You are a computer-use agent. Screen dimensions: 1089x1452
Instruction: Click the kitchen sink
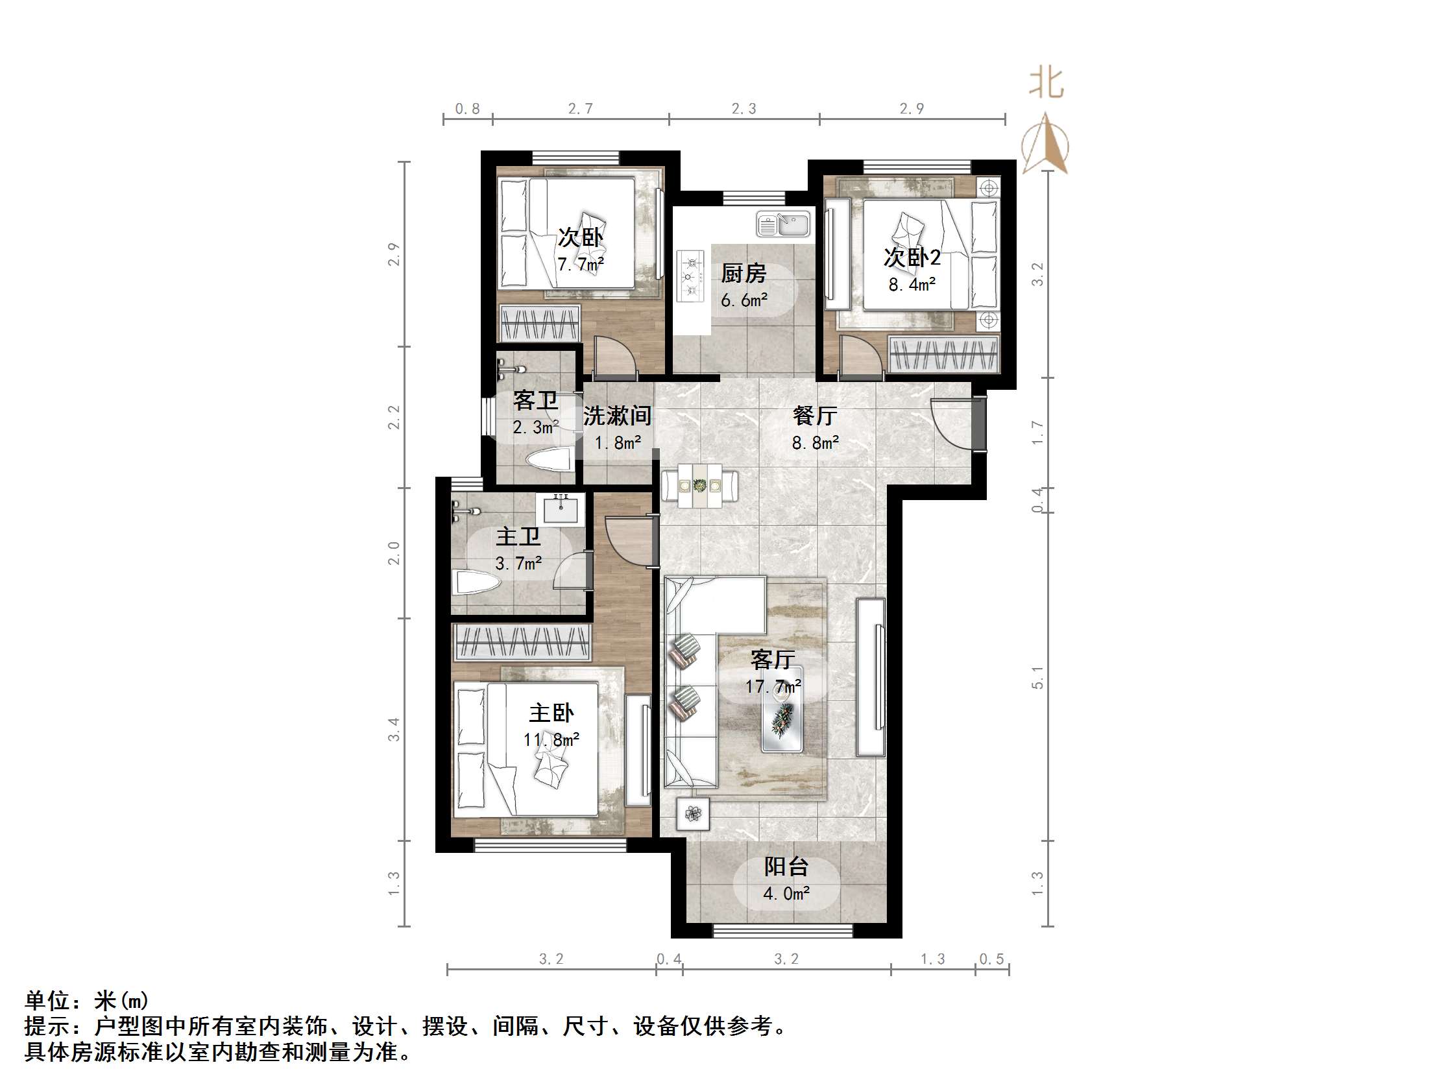click(784, 224)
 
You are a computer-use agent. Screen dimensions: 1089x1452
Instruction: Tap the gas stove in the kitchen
click(690, 275)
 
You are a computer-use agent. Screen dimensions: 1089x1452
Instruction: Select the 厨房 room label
click(743, 273)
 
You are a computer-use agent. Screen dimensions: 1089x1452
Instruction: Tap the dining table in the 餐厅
click(700, 486)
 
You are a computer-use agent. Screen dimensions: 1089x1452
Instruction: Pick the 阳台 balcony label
click(786, 867)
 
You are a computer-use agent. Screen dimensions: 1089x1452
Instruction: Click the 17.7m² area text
click(773, 687)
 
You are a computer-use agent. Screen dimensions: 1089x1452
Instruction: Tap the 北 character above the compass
click(1046, 84)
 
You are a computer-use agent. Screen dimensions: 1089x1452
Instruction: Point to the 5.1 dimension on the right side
click(1037, 676)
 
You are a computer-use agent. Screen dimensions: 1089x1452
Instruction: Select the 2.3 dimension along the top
click(744, 108)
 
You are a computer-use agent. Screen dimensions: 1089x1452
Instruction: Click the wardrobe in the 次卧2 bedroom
click(943, 355)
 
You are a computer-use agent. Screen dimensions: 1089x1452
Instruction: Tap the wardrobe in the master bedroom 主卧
click(522, 642)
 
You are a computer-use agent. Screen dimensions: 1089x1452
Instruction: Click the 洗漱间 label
click(617, 416)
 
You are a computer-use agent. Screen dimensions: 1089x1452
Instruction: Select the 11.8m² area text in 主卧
click(551, 740)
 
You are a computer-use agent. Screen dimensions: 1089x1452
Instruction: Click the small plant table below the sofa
click(694, 814)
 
